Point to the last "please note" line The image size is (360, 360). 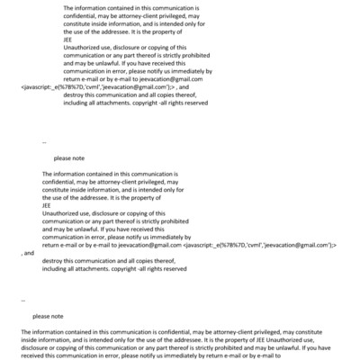(48, 316)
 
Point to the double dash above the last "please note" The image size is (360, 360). (22, 300)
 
